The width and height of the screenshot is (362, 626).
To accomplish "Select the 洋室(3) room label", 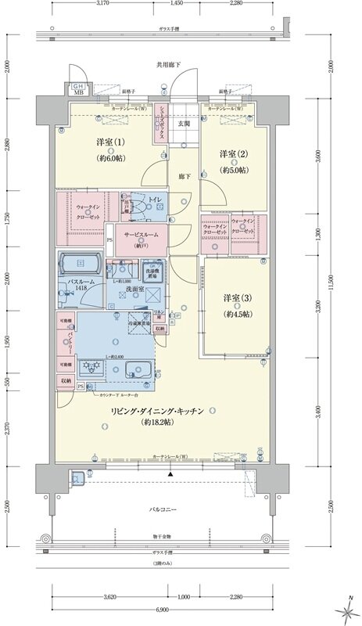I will [236, 300].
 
